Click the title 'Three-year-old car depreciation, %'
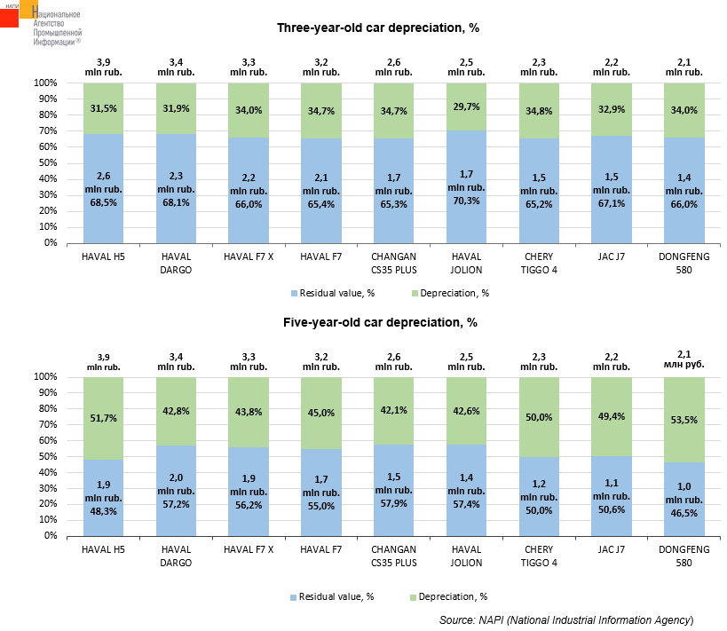click(378, 28)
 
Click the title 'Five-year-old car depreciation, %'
click(377, 322)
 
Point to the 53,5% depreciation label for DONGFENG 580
click(684, 418)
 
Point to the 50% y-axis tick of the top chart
click(46, 162)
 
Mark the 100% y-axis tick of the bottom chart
click(46, 377)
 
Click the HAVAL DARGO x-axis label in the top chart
click(175, 264)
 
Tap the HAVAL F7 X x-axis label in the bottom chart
click(248, 550)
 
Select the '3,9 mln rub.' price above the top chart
click(103, 67)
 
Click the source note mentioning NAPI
click(565, 619)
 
